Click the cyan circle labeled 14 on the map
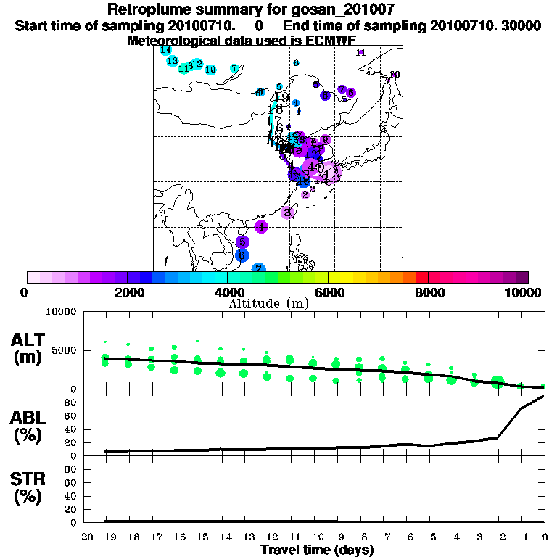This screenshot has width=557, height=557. pos(166,51)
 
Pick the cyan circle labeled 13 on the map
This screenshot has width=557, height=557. pos(173,61)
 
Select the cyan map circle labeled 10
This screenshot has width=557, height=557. pos(210,70)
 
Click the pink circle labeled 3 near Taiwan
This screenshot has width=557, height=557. pos(288,213)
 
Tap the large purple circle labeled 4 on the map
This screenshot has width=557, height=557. pos(262,226)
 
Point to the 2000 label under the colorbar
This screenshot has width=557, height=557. pos(128,293)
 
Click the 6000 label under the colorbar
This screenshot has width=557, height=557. pos(329,293)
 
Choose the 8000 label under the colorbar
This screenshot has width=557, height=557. pos(429,293)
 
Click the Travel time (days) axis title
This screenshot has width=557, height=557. pos(316,550)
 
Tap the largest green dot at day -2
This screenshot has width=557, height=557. pos(498,382)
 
